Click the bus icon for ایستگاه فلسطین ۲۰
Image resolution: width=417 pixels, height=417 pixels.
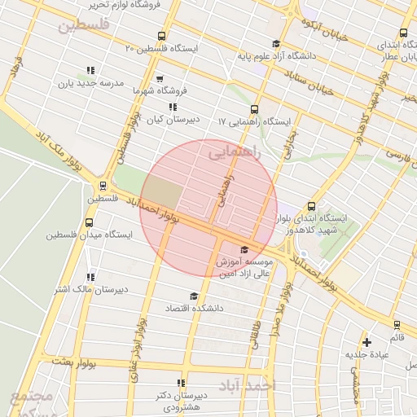(161, 36)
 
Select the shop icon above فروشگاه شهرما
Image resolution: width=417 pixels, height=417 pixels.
(159, 79)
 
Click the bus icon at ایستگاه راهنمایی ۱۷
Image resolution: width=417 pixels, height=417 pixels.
(254, 109)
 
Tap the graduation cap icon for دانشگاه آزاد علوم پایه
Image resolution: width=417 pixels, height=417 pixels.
(275, 44)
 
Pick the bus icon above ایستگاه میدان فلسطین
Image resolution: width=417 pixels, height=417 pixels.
(89, 222)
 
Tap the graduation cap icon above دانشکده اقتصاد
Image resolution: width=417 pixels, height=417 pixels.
(193, 296)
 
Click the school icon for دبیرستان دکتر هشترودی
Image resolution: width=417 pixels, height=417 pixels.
(181, 383)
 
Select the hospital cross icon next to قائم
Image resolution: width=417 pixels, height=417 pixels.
(367, 342)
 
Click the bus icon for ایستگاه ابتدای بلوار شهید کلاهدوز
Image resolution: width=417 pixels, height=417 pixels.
(312, 206)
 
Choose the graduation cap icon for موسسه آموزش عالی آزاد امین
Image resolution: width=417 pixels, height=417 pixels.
(244, 249)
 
